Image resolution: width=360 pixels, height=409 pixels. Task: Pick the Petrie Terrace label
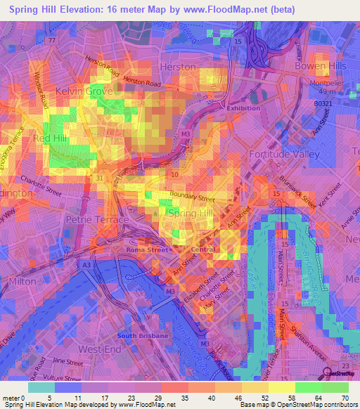click(x=97, y=220)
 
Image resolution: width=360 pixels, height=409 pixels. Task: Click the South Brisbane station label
click(x=143, y=336)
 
